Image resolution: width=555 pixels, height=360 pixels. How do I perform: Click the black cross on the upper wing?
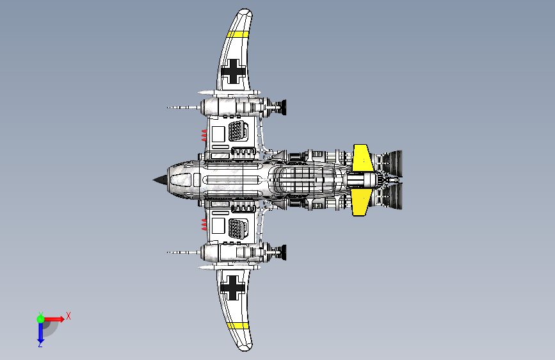click(233, 72)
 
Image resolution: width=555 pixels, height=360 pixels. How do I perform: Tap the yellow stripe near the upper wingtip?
click(237, 35)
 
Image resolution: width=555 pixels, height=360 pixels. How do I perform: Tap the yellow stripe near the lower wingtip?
click(238, 325)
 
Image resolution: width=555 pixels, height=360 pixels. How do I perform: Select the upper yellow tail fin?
click(362, 158)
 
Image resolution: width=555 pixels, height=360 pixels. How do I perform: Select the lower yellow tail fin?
click(360, 202)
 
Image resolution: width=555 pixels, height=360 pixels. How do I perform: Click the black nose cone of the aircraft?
click(158, 180)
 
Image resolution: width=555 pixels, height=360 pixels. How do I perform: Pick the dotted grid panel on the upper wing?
click(237, 131)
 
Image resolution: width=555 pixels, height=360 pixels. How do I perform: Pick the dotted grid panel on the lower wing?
click(237, 229)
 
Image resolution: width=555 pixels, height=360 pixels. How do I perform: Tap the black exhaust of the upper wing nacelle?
click(279, 107)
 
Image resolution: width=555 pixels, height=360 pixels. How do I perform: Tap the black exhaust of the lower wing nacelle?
click(279, 253)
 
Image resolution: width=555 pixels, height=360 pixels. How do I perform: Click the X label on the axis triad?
click(68, 316)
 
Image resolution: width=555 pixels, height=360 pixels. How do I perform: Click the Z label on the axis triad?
click(40, 344)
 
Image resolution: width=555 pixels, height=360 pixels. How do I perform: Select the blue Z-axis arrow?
click(40, 331)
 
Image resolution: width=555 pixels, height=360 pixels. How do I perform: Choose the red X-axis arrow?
click(54, 318)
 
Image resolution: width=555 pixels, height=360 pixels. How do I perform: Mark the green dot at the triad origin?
click(40, 318)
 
